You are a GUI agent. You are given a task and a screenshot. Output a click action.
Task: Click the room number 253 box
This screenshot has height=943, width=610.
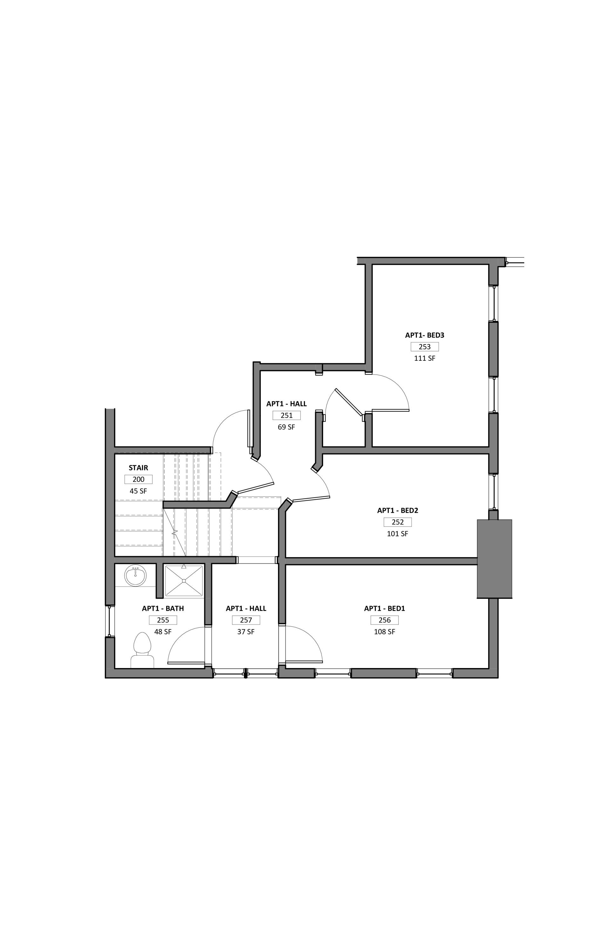425,347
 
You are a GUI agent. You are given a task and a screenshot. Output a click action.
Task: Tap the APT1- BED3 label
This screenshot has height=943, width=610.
425,335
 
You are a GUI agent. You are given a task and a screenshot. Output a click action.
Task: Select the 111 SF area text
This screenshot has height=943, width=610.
425,358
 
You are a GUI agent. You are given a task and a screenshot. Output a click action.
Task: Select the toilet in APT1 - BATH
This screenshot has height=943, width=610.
142,650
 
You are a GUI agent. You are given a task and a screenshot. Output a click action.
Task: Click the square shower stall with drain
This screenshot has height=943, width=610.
184,581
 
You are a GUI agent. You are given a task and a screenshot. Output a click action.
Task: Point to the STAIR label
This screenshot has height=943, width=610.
138,468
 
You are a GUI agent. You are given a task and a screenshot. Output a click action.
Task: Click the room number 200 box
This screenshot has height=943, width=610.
138,479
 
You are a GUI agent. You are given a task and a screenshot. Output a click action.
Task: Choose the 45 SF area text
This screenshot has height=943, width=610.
138,491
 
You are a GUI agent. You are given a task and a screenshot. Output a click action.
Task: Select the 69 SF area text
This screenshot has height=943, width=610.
286,427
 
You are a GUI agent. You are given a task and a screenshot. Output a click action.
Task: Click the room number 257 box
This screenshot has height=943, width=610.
246,620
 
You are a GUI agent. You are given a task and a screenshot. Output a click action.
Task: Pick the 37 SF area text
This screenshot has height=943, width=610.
246,632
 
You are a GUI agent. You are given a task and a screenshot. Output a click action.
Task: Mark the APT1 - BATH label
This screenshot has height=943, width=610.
163,609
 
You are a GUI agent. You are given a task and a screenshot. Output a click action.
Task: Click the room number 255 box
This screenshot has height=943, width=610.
163,620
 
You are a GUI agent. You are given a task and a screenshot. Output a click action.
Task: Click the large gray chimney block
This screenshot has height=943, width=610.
494,559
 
